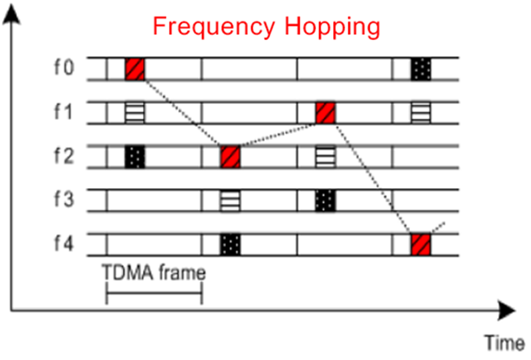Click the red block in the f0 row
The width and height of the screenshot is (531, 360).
[x=135, y=68]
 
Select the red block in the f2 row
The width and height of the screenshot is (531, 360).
[x=230, y=157]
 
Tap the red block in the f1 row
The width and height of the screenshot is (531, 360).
[x=326, y=112]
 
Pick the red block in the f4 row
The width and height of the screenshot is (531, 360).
[x=421, y=244]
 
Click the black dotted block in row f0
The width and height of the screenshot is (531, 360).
[x=421, y=68]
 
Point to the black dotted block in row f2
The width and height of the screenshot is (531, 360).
[x=135, y=157]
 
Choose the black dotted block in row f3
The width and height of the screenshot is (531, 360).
[x=326, y=200]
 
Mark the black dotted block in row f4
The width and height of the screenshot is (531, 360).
[x=230, y=244]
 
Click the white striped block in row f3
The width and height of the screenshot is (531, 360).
[x=230, y=200]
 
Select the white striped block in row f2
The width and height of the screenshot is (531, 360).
[x=326, y=157]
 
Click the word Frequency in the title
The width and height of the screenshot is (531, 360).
[x=213, y=27]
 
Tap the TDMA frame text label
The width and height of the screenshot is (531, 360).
[x=154, y=272]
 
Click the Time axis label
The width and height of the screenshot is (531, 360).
[x=504, y=343]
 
